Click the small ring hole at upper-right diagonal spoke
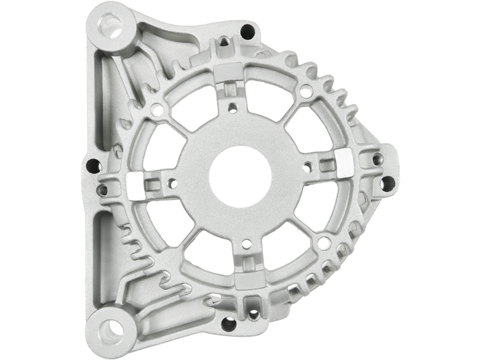coord(305,92)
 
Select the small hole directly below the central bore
coord(245,244)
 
